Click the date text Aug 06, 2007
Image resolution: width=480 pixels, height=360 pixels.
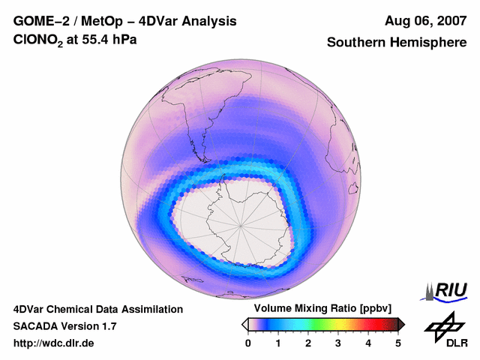tap(426, 21)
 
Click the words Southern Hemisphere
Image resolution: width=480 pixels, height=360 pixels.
tap(397, 43)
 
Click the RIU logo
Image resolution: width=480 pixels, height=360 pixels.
tap(445, 290)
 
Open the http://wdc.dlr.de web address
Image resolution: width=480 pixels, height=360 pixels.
tap(54, 343)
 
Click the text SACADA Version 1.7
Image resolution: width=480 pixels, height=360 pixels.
tap(64, 326)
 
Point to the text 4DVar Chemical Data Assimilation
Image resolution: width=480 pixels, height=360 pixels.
tap(97, 309)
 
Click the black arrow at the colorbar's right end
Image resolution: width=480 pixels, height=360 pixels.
tap(401, 324)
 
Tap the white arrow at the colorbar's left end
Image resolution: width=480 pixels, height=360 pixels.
tap(245, 324)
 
